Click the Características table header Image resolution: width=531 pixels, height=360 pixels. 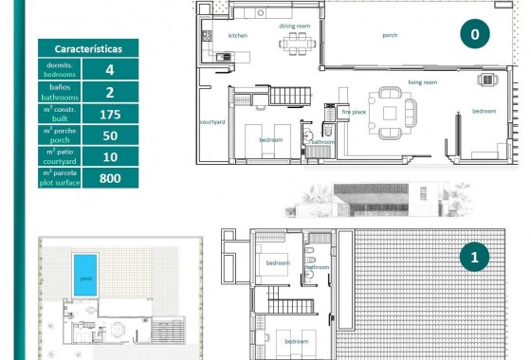[86, 47]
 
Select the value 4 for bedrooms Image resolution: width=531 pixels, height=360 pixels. [110, 69]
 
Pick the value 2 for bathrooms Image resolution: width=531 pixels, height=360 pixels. [110, 92]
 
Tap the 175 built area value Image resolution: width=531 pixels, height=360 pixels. [110, 114]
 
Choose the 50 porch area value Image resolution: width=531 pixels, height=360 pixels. [110, 135]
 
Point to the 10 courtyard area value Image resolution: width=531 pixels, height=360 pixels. [110, 156]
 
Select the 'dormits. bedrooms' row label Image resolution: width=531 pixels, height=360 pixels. [60, 69]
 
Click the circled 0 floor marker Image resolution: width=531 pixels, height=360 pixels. [474, 35]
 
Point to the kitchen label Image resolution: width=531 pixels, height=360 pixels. [237, 35]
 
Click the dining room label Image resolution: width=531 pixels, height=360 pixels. [295, 26]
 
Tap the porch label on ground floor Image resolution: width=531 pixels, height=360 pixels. [390, 35]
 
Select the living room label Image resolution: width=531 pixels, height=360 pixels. [422, 82]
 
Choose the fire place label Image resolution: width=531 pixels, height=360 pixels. [353, 112]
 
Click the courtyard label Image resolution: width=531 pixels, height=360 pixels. [211, 122]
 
